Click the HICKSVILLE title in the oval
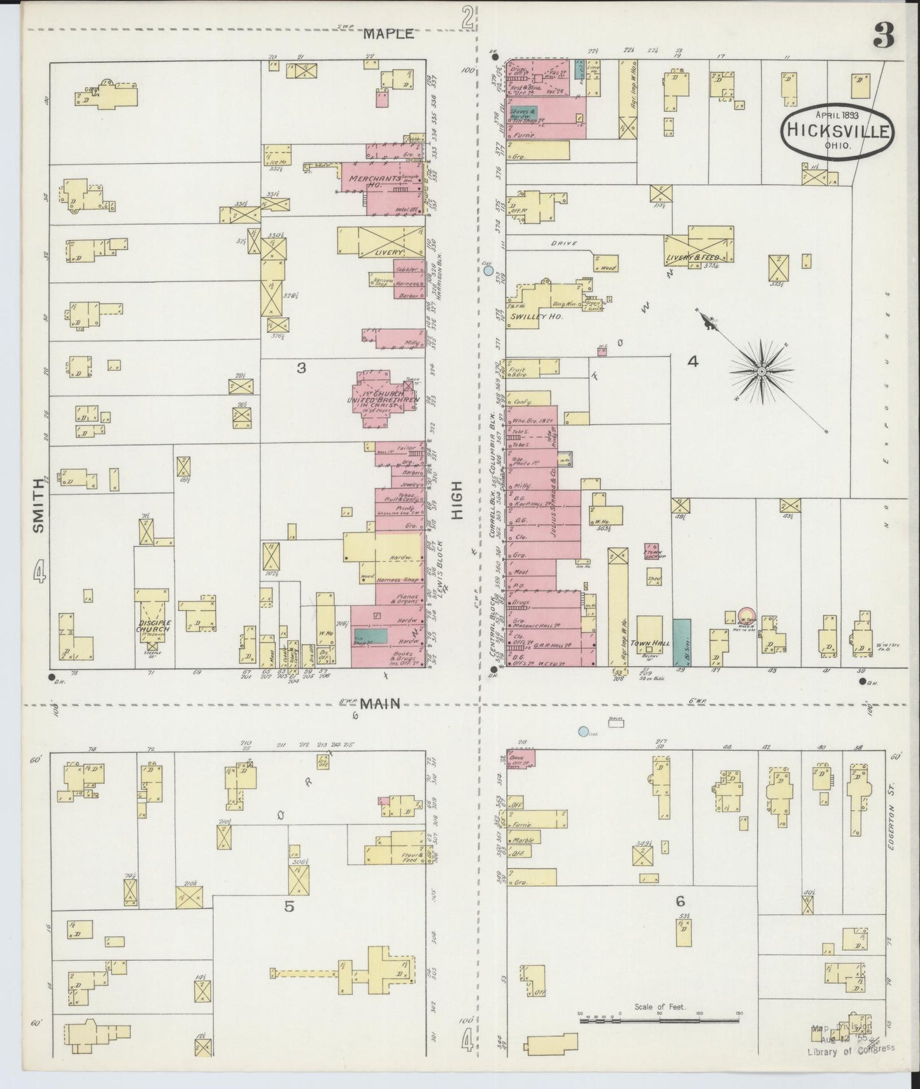click(x=838, y=131)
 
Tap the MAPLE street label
click(x=388, y=34)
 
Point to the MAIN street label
click(x=380, y=704)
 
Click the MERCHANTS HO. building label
click(x=373, y=181)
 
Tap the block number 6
click(x=680, y=901)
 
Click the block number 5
click(x=289, y=906)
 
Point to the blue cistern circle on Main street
click(x=583, y=732)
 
